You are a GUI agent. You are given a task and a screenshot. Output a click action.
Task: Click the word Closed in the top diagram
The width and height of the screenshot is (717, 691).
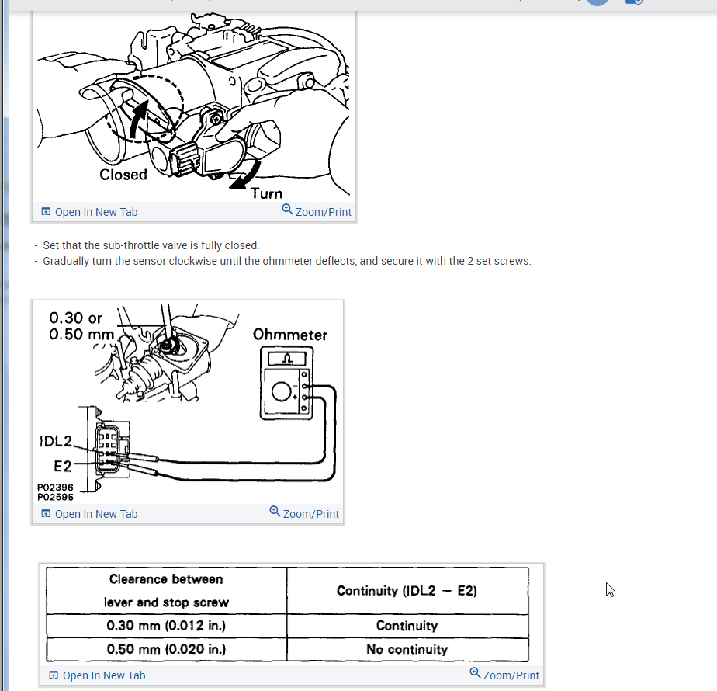[x=123, y=175]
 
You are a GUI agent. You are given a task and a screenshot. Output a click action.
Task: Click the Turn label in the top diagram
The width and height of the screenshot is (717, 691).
[x=267, y=193]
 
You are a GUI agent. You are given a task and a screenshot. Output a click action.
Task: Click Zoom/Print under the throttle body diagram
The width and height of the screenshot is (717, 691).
[x=317, y=211]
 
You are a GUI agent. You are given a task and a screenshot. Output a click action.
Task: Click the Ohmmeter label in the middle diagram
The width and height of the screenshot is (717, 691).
[x=290, y=335]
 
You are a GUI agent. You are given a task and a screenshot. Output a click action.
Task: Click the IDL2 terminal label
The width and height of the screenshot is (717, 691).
[x=55, y=442]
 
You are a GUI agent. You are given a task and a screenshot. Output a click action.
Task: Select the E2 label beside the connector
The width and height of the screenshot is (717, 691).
[x=63, y=466]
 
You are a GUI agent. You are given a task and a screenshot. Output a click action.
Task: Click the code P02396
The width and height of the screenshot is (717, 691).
[x=55, y=488]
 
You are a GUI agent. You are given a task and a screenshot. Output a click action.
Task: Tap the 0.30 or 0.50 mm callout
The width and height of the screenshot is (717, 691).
[x=81, y=326]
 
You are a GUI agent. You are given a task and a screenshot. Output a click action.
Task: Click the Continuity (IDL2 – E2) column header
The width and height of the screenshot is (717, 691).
[x=407, y=591]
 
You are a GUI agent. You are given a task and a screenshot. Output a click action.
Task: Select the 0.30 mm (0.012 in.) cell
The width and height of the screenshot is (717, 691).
[x=166, y=626]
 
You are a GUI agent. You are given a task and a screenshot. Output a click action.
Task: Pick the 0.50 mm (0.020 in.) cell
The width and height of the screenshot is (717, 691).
[x=166, y=649]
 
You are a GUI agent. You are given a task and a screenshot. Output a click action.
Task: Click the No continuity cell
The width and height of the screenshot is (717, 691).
[x=407, y=649]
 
